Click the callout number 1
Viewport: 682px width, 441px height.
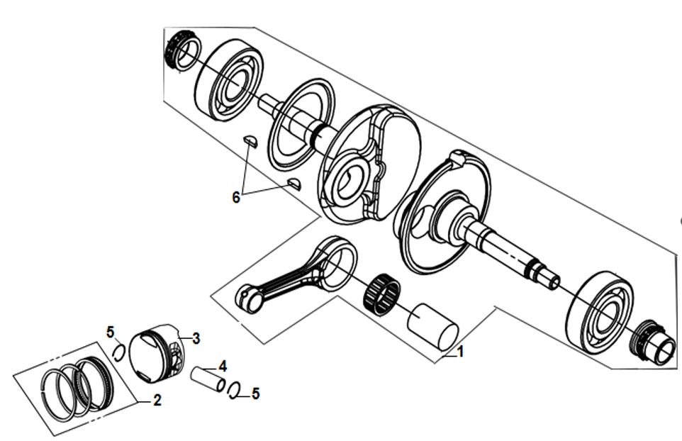(460, 352)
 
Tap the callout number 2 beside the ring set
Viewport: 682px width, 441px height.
(157, 400)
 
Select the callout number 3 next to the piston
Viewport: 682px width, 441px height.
(196, 338)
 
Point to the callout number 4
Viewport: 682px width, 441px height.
(223, 366)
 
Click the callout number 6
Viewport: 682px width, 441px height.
(236, 197)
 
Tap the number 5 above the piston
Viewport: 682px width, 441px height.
(111, 333)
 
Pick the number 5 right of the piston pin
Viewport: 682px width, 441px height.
(255, 393)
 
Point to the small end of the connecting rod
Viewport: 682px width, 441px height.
(249, 298)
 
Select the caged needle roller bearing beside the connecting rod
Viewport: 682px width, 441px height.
(382, 295)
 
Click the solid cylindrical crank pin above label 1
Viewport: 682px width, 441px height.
(432, 327)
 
